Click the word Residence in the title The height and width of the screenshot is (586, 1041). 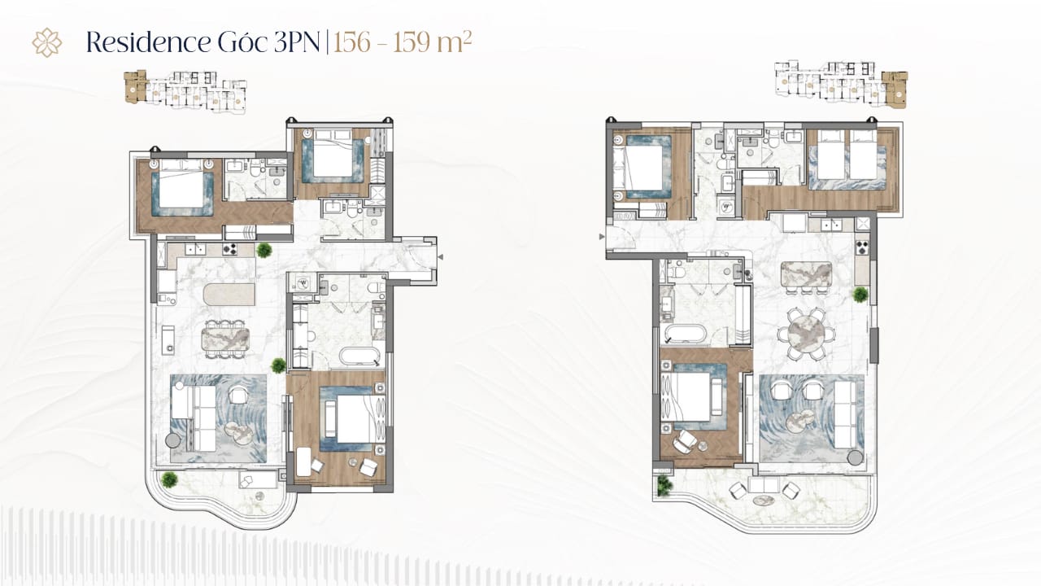pos(148,42)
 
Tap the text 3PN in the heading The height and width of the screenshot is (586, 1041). pos(297,42)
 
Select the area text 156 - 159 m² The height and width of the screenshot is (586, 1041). pos(403,42)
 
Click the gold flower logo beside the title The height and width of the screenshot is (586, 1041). pos(47,42)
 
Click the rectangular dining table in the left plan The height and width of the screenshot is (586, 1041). pos(225,339)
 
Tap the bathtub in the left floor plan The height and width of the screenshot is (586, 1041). pos(359,356)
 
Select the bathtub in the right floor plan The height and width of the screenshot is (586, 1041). pos(686,333)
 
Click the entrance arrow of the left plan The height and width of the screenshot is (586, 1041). pos(441,256)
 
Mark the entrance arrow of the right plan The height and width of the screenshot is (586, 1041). pos(602,237)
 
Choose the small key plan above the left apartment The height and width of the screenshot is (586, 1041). pos(185,92)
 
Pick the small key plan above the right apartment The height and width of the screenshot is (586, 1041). pos(841,84)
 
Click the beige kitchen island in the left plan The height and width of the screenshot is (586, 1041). pos(229,295)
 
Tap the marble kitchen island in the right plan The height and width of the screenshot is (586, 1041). pos(806,274)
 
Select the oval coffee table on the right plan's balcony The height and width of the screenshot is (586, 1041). pos(764,501)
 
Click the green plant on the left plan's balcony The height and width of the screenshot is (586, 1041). pos(169,479)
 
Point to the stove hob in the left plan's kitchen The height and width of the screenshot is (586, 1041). pos(229,249)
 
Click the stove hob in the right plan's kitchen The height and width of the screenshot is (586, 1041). pos(862,247)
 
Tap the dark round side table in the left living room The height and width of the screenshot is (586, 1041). pos(173,440)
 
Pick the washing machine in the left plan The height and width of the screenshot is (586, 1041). pos(303,282)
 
